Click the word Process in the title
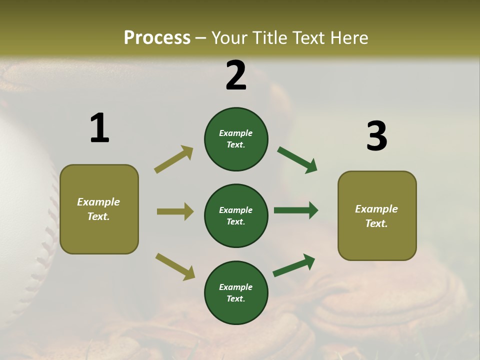(157, 37)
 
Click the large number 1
(99, 128)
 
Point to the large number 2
(236, 75)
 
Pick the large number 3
(376, 136)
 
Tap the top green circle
(236, 139)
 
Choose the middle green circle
(236, 215)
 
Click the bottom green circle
(236, 292)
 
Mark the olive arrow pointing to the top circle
(174, 159)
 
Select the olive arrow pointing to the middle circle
(175, 211)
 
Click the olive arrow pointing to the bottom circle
(175, 266)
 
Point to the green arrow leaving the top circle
(297, 160)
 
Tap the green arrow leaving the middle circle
(296, 210)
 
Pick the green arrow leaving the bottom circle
(294, 265)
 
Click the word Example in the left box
(98, 202)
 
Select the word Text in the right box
(376, 223)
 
